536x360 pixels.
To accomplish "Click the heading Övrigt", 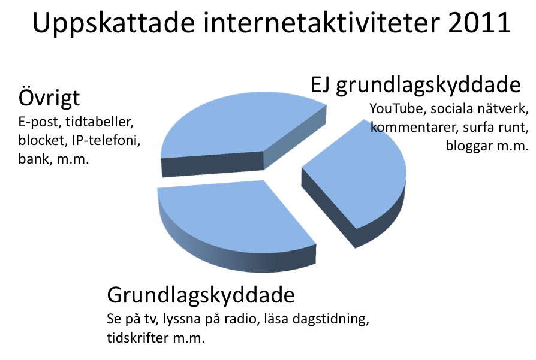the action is point(49,98).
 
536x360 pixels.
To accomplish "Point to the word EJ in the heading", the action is point(320,85).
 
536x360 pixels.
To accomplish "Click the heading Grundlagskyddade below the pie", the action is point(201,295).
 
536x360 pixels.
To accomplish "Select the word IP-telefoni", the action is point(106,140).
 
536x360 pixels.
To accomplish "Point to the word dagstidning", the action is point(330,319).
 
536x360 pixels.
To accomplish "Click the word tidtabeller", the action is point(99,122).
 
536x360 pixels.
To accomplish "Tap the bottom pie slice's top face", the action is point(233,219).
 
